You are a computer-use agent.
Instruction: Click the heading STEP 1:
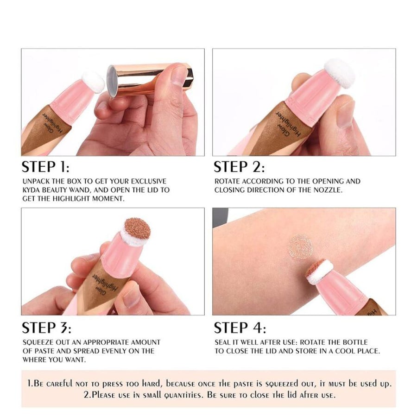45,167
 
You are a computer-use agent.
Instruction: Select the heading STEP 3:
46,328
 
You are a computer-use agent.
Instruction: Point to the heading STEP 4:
240,328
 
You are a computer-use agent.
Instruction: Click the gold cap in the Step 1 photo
149,79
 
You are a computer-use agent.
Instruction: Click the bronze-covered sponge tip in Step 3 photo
137,228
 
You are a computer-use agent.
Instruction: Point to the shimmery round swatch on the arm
301,247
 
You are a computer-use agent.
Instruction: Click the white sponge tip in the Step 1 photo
93,82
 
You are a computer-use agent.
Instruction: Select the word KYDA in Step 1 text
32,190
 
